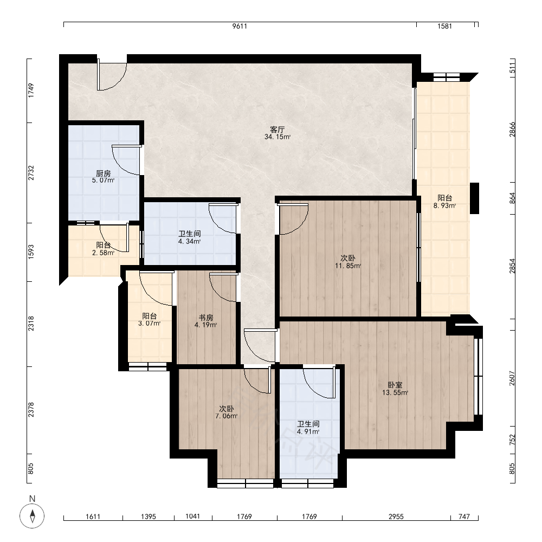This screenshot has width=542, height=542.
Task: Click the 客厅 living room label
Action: pyautogui.click(x=277, y=130)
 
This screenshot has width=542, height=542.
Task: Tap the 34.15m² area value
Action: pyautogui.click(x=277, y=137)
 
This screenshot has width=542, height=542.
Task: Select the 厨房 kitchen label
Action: pyautogui.click(x=104, y=173)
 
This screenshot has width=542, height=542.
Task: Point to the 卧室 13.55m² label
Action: pyautogui.click(x=395, y=389)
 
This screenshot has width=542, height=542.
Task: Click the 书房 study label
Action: pyautogui.click(x=205, y=317)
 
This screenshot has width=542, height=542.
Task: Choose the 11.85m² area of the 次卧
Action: pyautogui.click(x=348, y=266)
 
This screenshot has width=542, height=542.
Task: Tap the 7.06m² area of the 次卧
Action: pyautogui.click(x=227, y=416)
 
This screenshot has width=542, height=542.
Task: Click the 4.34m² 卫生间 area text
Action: pyautogui.click(x=189, y=241)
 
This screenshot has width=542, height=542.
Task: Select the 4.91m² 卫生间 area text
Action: pyautogui.click(x=308, y=432)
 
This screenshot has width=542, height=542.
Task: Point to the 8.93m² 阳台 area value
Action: pyautogui.click(x=444, y=205)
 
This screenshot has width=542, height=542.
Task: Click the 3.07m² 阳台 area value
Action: pyautogui.click(x=150, y=324)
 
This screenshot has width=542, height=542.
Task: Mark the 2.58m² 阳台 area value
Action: pyautogui.click(x=104, y=253)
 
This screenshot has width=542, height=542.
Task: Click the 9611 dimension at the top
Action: pyautogui.click(x=240, y=26)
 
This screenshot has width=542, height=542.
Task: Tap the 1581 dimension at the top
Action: pyautogui.click(x=444, y=26)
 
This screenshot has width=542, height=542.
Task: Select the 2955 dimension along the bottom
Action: pyautogui.click(x=396, y=517)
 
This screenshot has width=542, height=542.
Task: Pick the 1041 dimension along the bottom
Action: pyautogui.click(x=192, y=517)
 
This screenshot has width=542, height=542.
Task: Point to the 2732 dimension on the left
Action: pyautogui.click(x=31, y=173)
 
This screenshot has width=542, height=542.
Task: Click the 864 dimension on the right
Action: pyautogui.click(x=512, y=198)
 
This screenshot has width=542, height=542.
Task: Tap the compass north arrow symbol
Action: pyautogui.click(x=32, y=517)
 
